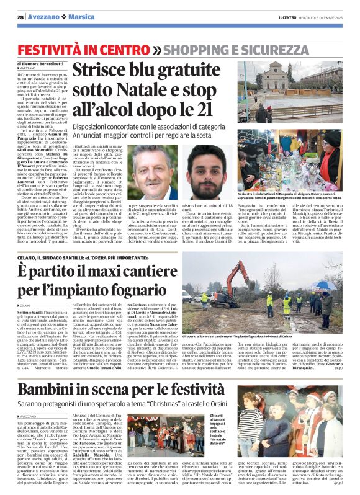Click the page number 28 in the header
tap(20, 17)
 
